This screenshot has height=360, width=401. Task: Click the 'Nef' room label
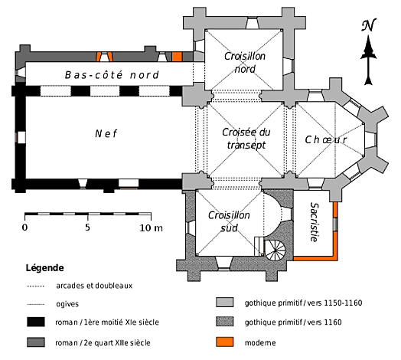106,133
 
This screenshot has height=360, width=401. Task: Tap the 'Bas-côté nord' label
112,75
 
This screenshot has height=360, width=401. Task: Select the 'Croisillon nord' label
245,63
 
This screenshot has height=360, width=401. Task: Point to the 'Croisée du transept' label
246,139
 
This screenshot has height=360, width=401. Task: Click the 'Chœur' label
326,139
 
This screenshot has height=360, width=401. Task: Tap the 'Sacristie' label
315,221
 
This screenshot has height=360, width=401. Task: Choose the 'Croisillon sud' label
229,221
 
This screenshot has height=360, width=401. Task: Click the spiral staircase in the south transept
275,250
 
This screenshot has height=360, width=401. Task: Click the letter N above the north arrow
369,25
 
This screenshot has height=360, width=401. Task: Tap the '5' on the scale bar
88,227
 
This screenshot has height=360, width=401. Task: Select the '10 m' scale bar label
151,227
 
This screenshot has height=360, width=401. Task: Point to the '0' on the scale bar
24,227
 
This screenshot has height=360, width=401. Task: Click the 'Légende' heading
44,268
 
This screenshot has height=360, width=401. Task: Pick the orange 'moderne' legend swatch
224,342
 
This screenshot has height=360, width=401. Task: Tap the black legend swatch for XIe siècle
36,322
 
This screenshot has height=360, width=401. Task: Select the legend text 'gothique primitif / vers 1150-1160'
303,303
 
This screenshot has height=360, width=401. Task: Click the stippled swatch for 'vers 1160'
224,322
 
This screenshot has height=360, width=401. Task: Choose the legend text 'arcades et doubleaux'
94,286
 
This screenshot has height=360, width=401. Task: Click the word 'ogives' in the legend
67,304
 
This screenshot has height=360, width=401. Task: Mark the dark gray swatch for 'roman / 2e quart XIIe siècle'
36,342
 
